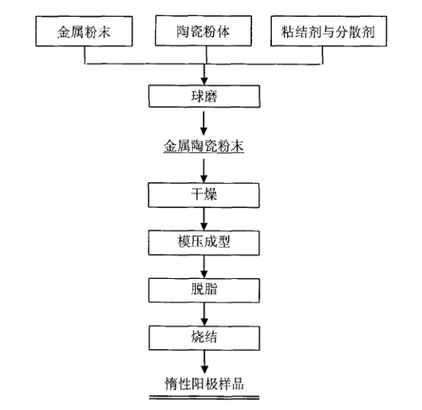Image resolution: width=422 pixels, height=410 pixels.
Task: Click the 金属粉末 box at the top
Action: pos(84,31)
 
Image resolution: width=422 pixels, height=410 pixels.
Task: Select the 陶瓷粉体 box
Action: pos(203,30)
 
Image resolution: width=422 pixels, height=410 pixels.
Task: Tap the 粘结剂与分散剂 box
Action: pos(328,31)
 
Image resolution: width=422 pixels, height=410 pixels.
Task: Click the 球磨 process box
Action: pos(204,96)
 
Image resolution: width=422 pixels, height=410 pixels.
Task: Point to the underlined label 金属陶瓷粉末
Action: pos(203,146)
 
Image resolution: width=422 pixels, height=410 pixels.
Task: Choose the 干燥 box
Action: pos(203,195)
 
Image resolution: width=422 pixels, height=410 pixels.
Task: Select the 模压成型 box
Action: pos(203,242)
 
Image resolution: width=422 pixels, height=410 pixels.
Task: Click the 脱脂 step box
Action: pos(204,290)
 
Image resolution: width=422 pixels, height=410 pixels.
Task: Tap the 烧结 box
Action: pos(204,338)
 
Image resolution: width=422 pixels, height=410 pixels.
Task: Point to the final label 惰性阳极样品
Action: pos(204,383)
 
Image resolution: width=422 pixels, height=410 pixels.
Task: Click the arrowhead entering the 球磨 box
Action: pos(204,81)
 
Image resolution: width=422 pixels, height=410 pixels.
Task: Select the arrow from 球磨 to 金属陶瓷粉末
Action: pos(203,123)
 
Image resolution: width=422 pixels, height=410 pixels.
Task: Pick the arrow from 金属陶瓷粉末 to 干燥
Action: pos(203,171)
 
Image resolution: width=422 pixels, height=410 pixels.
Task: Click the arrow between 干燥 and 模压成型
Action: pos(204,219)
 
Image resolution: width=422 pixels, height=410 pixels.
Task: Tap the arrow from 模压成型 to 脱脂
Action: pos(204,267)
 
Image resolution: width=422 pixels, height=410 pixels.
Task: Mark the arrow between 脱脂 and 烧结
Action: pos(204,314)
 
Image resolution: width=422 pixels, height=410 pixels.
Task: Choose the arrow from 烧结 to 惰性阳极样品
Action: pos(205,362)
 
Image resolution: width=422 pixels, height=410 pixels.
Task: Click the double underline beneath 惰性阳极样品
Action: pos(204,397)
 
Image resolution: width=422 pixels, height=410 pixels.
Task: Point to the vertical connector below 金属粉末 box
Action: pos(85,55)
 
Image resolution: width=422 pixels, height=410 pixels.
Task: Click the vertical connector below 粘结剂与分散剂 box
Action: pos(322,55)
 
